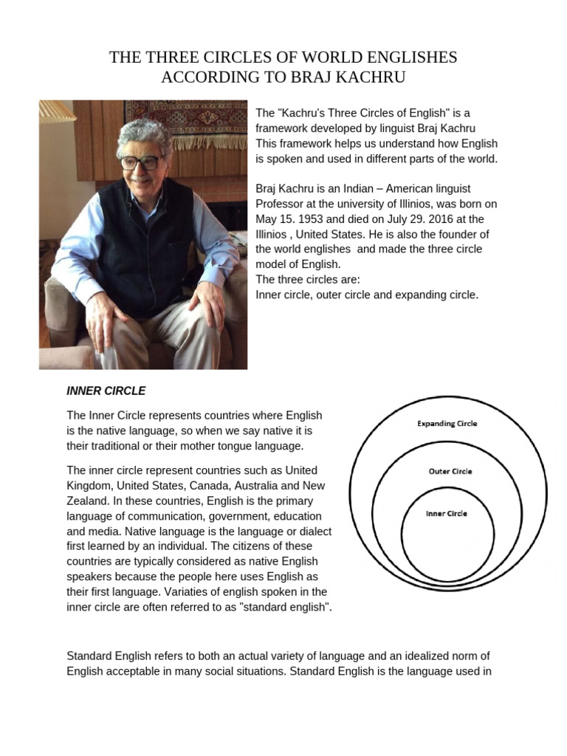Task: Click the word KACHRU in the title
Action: tap(369, 76)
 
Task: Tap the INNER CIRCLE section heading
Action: tap(106, 391)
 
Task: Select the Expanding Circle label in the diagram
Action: tap(447, 424)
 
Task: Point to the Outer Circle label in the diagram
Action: tap(450, 471)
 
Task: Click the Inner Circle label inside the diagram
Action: tap(447, 513)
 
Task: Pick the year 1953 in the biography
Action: tap(314, 219)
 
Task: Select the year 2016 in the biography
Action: tap(425, 219)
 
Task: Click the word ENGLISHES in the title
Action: tap(399, 57)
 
